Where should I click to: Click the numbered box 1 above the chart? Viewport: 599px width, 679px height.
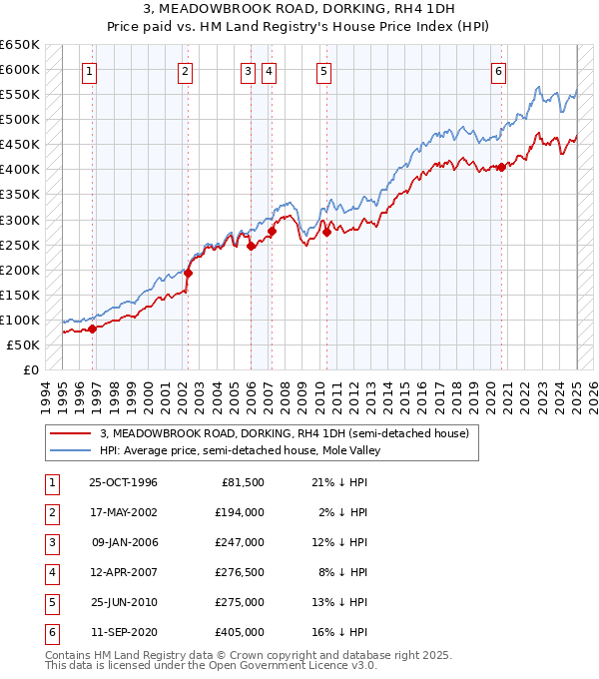tap(91, 70)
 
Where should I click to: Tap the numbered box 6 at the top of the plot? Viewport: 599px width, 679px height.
tap(498, 70)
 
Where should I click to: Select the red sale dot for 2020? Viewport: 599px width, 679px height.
tap(501, 167)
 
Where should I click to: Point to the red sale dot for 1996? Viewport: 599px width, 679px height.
tap(92, 329)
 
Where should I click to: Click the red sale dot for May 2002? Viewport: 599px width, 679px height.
tap(188, 273)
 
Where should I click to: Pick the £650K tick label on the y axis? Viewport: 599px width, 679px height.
tap(20, 45)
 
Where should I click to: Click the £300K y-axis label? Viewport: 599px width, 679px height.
tap(20, 220)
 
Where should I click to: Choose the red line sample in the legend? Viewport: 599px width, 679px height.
tap(69, 433)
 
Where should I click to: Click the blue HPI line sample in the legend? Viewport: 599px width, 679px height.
tap(69, 450)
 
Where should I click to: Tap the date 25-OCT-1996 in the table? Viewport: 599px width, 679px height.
tap(123, 483)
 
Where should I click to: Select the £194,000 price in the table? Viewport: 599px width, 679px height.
tap(240, 512)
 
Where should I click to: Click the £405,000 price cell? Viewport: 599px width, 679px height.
tap(240, 632)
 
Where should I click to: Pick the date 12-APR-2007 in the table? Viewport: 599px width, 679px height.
tap(123, 572)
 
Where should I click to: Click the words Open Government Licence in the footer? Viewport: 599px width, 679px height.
tap(274, 665)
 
